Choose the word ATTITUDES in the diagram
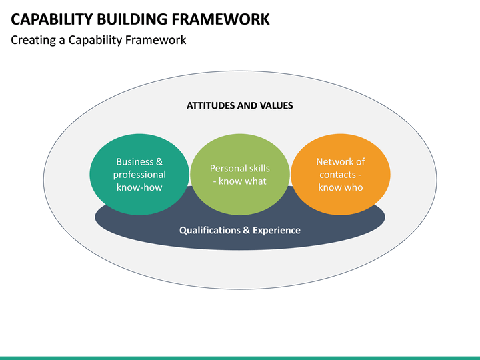pos(211,105)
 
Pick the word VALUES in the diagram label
pos(276,105)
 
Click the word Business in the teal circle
pos(135,161)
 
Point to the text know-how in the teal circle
pos(139,187)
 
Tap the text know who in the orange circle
pos(340,187)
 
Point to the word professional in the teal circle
pos(139,175)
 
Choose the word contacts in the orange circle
pos(337,175)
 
